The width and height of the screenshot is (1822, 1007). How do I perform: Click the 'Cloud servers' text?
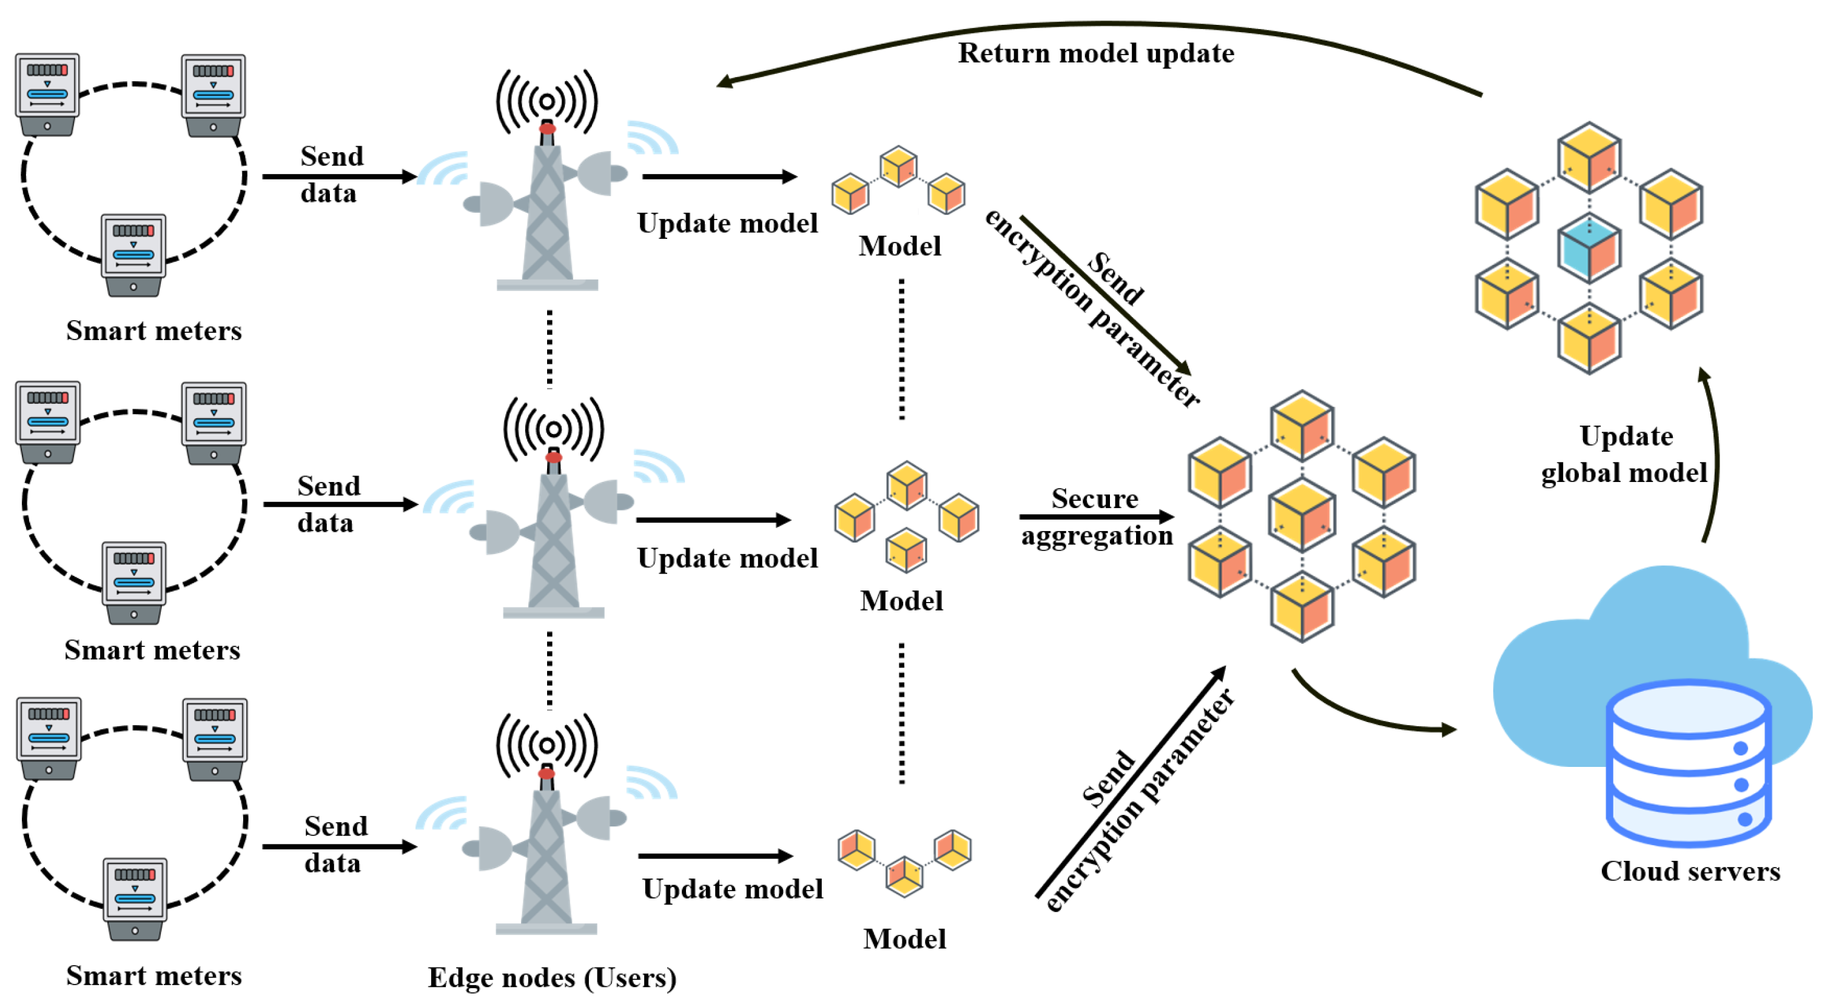(x=1690, y=871)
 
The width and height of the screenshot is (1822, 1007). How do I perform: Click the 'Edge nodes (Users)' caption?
(x=552, y=977)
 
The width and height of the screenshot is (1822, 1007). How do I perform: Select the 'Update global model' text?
(x=1625, y=454)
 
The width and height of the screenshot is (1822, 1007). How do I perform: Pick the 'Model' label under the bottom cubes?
(x=904, y=939)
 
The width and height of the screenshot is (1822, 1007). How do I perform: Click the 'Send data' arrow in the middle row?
(x=340, y=504)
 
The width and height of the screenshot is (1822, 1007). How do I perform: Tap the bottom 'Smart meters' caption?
(x=153, y=976)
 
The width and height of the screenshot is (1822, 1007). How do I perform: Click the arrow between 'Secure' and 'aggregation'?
(x=1097, y=517)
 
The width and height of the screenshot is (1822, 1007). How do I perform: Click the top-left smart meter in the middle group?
(x=48, y=421)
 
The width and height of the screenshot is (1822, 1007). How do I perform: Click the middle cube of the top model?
(x=898, y=167)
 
